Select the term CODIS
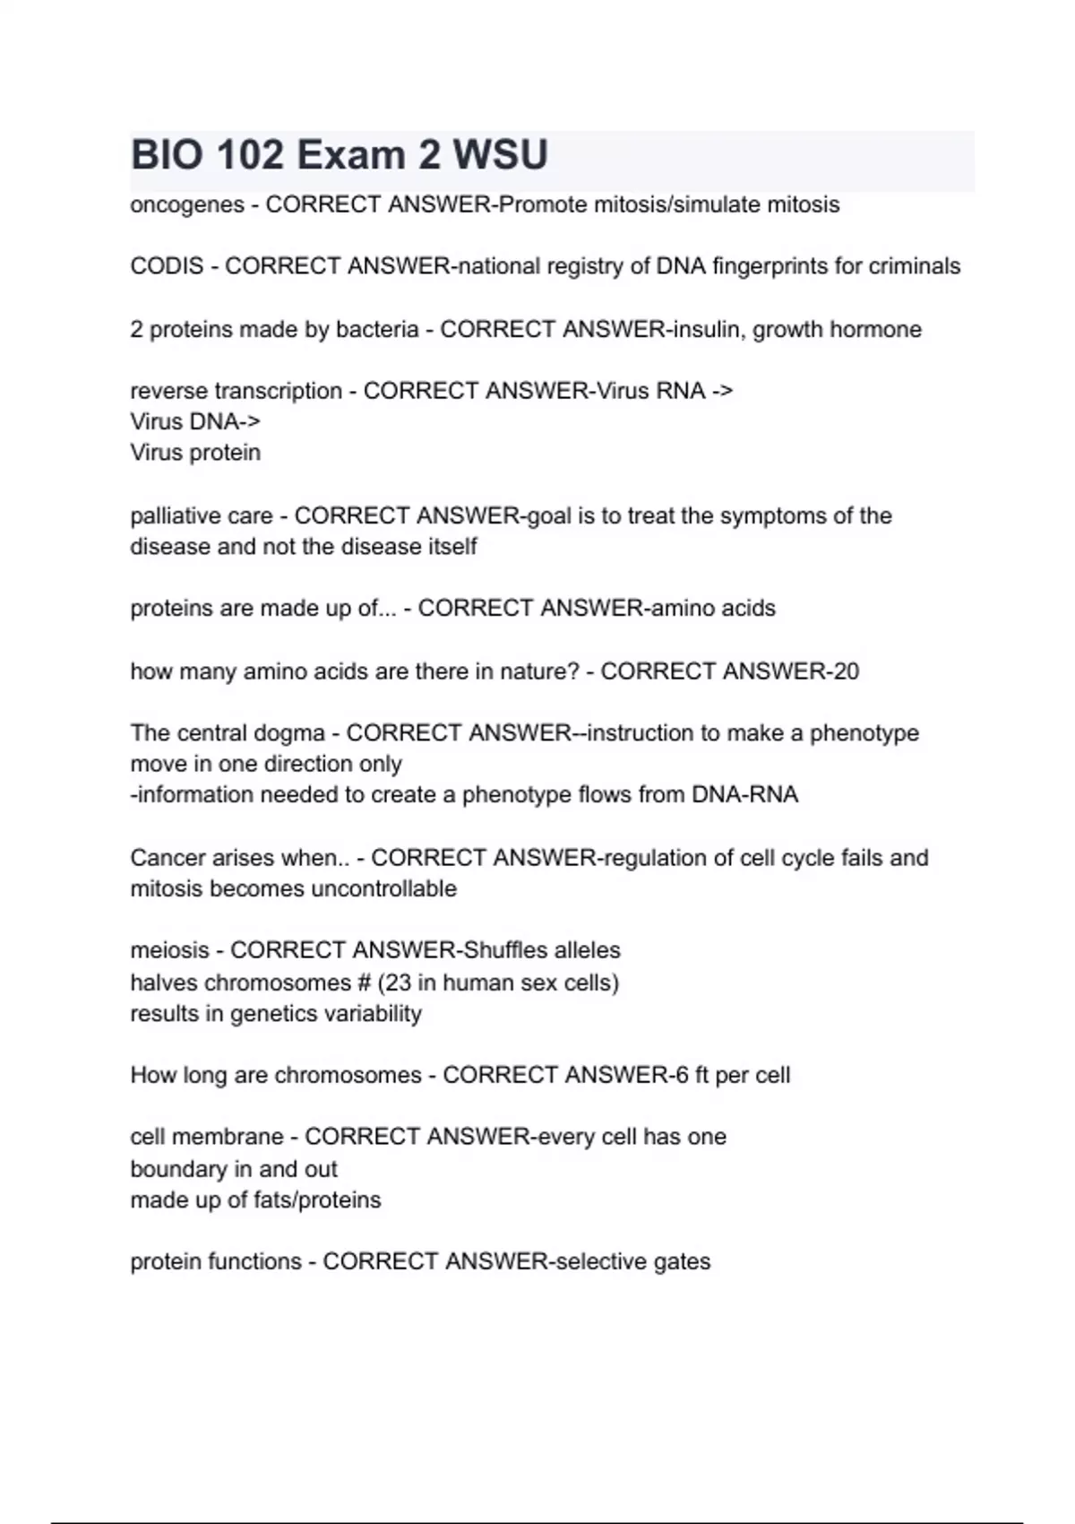[167, 267]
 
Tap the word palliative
[172, 516]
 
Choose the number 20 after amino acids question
[846, 671]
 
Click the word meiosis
[169, 950]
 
